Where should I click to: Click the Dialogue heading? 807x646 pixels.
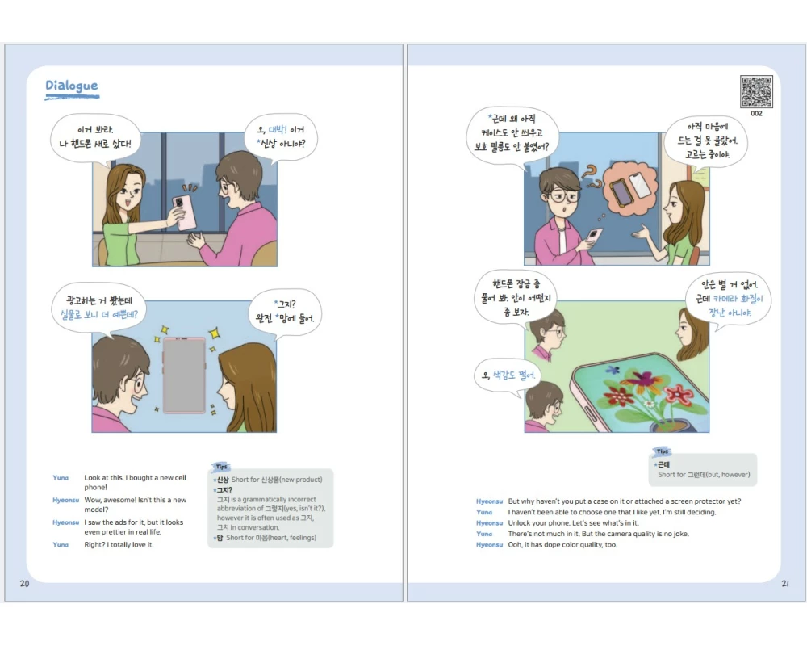click(x=72, y=86)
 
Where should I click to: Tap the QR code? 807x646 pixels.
click(x=756, y=92)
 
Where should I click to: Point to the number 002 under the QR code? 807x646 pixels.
click(x=756, y=113)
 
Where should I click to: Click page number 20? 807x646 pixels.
click(x=25, y=584)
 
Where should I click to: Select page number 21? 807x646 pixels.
click(x=785, y=584)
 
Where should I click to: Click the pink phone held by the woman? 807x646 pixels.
click(x=184, y=212)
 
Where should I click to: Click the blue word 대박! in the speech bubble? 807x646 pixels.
click(x=278, y=129)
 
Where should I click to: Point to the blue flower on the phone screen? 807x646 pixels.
click(x=613, y=370)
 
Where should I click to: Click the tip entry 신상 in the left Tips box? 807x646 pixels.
click(x=223, y=480)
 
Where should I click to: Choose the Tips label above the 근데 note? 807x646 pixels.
click(x=663, y=451)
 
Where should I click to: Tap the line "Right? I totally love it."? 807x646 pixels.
click(x=119, y=544)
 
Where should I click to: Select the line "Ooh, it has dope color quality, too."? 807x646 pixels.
click(x=562, y=544)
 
